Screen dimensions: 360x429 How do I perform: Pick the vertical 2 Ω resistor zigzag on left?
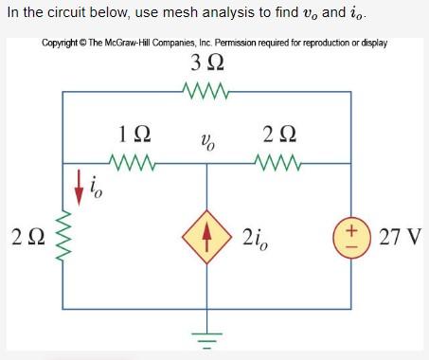[x=63, y=236]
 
